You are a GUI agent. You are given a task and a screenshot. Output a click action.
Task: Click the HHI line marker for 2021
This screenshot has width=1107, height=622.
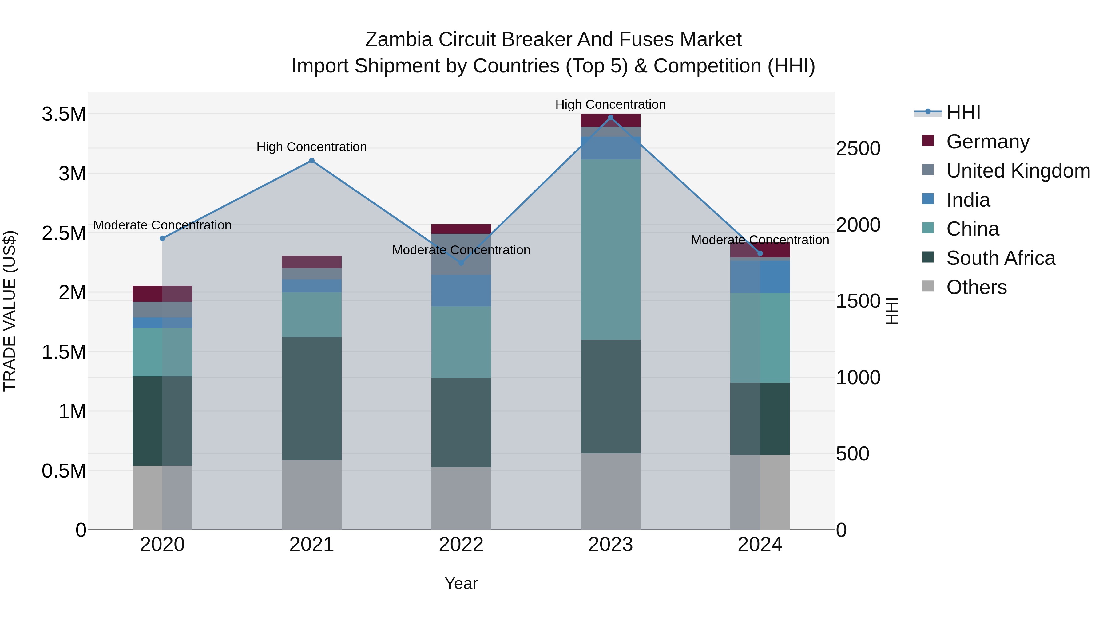click(x=311, y=161)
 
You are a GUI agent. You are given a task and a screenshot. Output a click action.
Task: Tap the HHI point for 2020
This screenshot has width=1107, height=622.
click(x=162, y=238)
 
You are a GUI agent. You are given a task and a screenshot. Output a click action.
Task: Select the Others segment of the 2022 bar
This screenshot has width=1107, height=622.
click(x=461, y=499)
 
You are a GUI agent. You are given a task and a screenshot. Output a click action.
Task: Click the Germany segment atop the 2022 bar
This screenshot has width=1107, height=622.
click(x=461, y=229)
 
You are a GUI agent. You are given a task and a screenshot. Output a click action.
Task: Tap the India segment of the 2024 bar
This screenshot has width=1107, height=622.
click(x=760, y=277)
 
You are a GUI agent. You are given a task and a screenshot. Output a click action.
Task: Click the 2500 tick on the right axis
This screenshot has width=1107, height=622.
click(x=858, y=149)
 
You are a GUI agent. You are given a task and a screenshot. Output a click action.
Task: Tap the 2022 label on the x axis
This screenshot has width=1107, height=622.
click(x=461, y=545)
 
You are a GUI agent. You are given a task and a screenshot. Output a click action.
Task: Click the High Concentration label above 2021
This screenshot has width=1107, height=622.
click(x=311, y=147)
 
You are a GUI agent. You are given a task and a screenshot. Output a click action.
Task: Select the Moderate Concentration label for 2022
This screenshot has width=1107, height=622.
click(x=461, y=250)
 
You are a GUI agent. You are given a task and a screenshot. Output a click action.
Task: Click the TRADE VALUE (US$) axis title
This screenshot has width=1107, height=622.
click(x=10, y=311)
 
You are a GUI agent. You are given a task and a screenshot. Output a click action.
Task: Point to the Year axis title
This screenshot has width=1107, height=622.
click(x=461, y=583)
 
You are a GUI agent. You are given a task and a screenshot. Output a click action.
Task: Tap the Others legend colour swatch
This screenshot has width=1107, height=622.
click(x=928, y=286)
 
